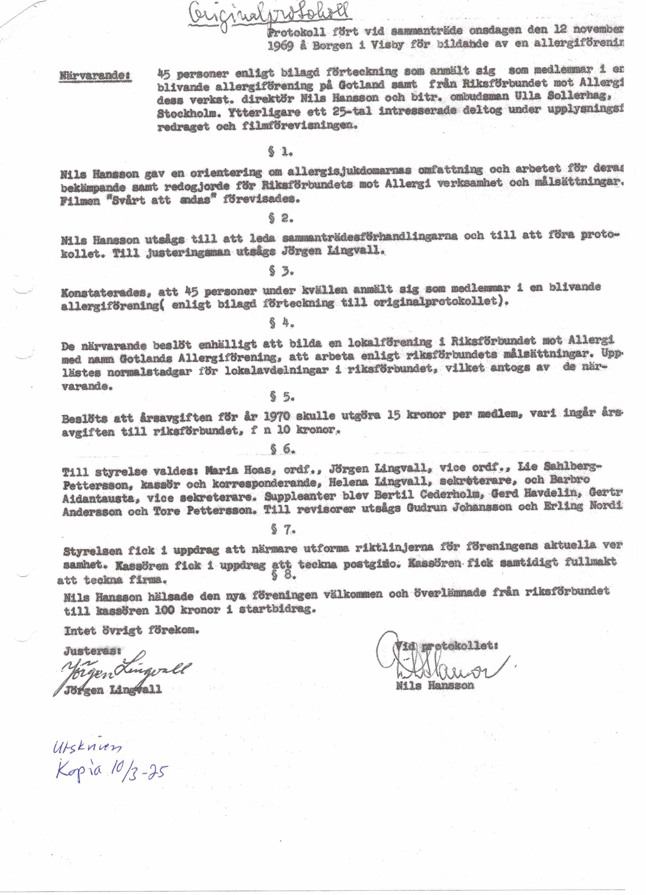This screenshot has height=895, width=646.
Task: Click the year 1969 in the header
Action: point(280,45)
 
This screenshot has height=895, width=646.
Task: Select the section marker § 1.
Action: point(280,152)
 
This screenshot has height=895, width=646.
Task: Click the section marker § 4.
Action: point(282,323)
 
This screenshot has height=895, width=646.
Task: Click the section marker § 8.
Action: point(284,575)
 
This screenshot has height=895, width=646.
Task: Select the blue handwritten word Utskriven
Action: point(87,748)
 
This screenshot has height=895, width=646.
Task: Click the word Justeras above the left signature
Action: point(92,651)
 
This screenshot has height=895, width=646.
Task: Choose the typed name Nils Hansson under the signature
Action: point(434,685)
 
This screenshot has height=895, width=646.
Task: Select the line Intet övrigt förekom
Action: point(131,631)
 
